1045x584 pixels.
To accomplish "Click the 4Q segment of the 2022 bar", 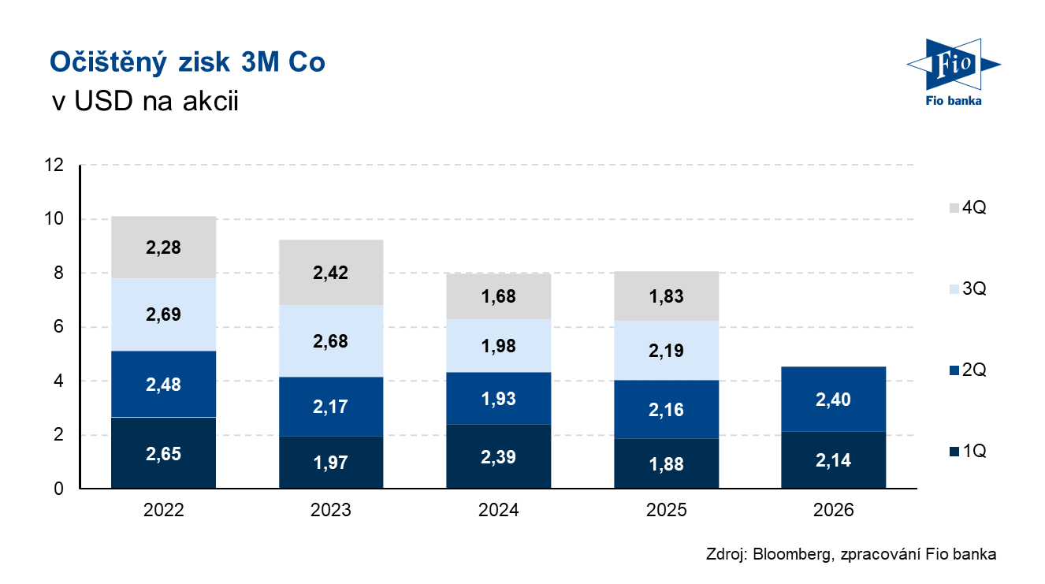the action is coord(163,247).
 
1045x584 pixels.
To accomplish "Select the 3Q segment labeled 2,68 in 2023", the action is coord(331,341).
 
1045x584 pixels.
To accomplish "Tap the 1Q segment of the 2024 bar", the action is coord(498,456).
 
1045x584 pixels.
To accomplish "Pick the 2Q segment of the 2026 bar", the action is coord(833,400).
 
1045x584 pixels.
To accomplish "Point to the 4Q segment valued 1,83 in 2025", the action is coord(666,296).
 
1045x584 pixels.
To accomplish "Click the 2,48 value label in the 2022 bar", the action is coord(163,385).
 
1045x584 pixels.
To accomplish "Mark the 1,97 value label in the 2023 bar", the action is coord(331,463).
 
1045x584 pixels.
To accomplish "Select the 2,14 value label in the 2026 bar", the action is coord(833,460).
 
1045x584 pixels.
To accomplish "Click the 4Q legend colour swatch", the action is coord(954,208).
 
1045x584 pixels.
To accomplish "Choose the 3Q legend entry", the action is coord(968,288).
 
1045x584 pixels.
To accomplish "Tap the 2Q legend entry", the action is coord(968,370).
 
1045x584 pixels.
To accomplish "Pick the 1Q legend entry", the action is coord(968,451).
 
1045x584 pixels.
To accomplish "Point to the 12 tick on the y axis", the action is coord(54,165).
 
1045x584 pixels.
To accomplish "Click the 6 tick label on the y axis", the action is coord(58,326).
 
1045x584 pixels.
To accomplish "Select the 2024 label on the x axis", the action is coord(498,510).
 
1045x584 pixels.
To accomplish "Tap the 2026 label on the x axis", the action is coord(833,510).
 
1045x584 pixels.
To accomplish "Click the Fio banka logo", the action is coord(954,73).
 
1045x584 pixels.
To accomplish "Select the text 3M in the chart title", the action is coord(260,62).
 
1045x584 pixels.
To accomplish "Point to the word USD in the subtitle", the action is coord(103,101).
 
